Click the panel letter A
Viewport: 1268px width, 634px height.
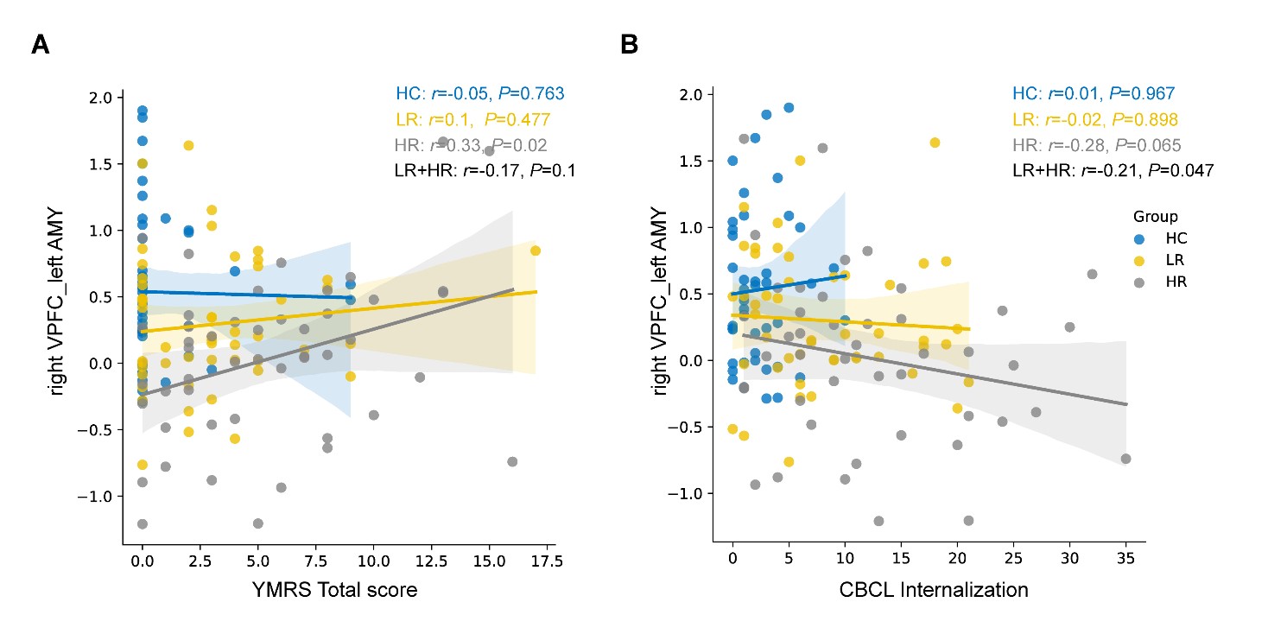click(41, 44)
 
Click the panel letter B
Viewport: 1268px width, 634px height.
click(630, 44)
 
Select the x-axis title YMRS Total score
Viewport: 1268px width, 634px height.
click(334, 590)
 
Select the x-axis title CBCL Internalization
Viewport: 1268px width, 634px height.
click(934, 590)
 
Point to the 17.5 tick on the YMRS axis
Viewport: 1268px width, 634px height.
click(548, 561)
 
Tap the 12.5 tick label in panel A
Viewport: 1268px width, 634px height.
click(431, 561)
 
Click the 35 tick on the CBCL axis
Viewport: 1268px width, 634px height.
click(1126, 558)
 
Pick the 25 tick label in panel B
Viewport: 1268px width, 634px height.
click(1013, 558)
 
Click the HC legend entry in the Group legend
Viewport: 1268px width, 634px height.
click(1160, 238)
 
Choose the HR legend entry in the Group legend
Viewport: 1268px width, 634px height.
click(1160, 282)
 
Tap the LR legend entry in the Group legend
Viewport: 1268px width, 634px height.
click(1159, 260)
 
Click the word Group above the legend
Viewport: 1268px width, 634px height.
click(1156, 216)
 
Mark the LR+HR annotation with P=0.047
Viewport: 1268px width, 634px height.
click(1113, 170)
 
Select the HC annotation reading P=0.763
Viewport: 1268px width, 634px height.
click(480, 93)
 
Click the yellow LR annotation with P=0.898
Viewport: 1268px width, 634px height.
click(1094, 119)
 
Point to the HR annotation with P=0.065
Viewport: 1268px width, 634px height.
click(1096, 145)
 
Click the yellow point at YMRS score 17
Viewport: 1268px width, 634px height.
click(536, 250)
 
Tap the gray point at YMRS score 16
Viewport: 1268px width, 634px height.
click(512, 462)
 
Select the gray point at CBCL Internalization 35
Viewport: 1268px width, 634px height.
click(1126, 459)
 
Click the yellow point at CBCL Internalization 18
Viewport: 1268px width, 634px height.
click(935, 143)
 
